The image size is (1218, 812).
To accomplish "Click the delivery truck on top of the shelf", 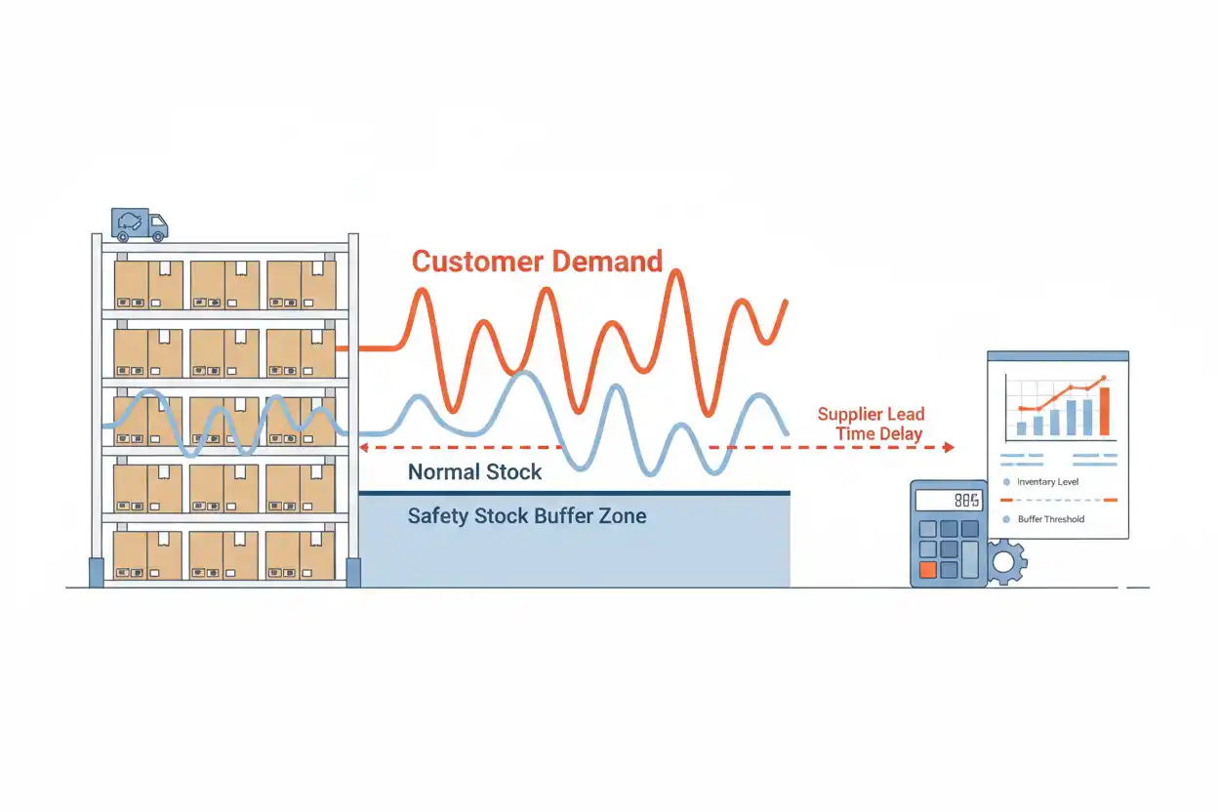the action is coord(140,224).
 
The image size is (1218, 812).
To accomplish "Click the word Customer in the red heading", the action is coord(477,262).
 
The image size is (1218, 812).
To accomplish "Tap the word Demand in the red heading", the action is coord(608,262).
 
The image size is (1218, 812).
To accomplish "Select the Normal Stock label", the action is coord(474,472).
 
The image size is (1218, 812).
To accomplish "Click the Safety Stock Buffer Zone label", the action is coord(527,516).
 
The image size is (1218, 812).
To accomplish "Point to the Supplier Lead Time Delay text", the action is coord(872,424).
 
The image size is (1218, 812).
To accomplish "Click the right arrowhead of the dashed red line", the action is coord(950,447).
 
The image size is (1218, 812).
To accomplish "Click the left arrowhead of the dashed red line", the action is coord(364,447).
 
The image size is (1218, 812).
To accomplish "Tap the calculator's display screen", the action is coord(949,501).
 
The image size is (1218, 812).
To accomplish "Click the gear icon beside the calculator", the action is coord(1006,563).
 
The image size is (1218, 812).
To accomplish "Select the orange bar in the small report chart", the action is coord(1105,412).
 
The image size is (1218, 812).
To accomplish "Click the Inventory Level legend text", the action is coord(1048,482).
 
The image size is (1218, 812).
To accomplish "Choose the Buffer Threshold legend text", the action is coord(1051,519).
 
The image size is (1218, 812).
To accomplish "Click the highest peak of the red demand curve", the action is coord(676,271).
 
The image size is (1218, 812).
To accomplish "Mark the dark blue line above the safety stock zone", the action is coord(574,493).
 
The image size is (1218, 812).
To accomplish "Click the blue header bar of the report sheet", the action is coord(1058,356).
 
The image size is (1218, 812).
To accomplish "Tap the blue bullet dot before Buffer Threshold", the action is coord(1006,519).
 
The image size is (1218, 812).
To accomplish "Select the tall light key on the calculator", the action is coord(970,558).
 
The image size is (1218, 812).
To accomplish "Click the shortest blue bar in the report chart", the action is coord(1022,428).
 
